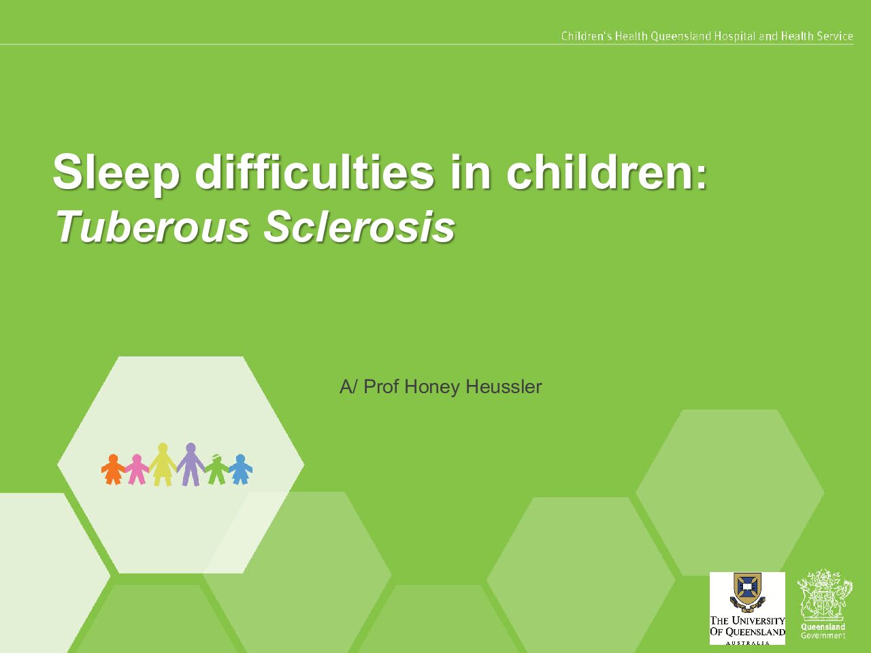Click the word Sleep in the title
[x=116, y=173]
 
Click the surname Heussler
[x=504, y=386]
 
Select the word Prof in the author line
[x=381, y=386]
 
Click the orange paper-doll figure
[x=113, y=469]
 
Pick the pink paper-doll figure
[x=137, y=469]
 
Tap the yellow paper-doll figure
[x=163, y=465]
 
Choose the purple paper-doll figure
[x=191, y=465]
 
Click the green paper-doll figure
[x=216, y=469]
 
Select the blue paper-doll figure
[x=240, y=469]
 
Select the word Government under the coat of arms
[x=823, y=635]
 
